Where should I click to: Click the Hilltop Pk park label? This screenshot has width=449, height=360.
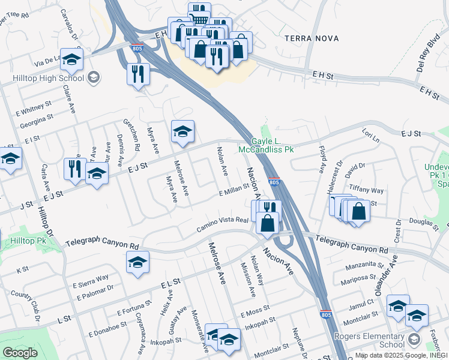click(28, 241)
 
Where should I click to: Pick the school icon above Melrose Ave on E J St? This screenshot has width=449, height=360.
click(182, 131)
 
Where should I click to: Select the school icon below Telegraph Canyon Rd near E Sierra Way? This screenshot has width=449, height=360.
click(137, 262)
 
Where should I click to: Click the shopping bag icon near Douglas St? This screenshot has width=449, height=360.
click(358, 212)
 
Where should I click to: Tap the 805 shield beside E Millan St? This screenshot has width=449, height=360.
click(274, 182)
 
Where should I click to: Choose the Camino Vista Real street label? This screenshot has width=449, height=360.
click(223, 226)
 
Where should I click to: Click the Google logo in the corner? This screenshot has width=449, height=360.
click(20, 353)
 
